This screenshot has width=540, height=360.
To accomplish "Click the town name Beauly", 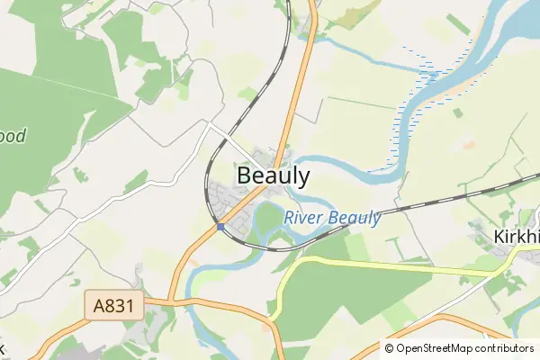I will pyautogui.click(x=274, y=176).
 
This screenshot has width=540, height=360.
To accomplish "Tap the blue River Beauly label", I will pyautogui.click(x=332, y=218).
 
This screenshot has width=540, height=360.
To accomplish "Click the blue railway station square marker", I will pyautogui.click(x=220, y=227).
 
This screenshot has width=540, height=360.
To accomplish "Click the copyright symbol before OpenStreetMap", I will pyautogui.click(x=390, y=348).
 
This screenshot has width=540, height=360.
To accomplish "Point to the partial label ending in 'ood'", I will pyautogui.click(x=13, y=137).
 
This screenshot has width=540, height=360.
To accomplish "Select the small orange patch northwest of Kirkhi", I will pyautogui.click(x=468, y=143).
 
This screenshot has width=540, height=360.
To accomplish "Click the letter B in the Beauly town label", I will pyautogui.click(x=245, y=176).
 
